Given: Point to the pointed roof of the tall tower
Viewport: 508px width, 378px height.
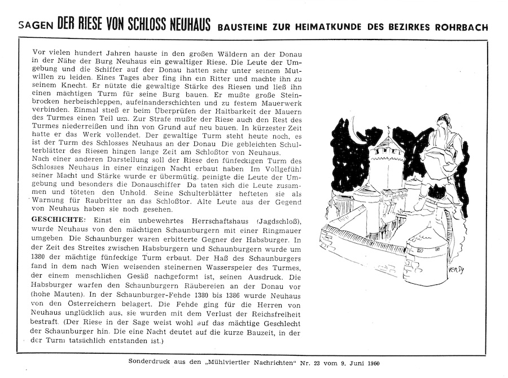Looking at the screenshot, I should click(388, 137).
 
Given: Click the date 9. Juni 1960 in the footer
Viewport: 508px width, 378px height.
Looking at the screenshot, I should click(360, 362).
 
